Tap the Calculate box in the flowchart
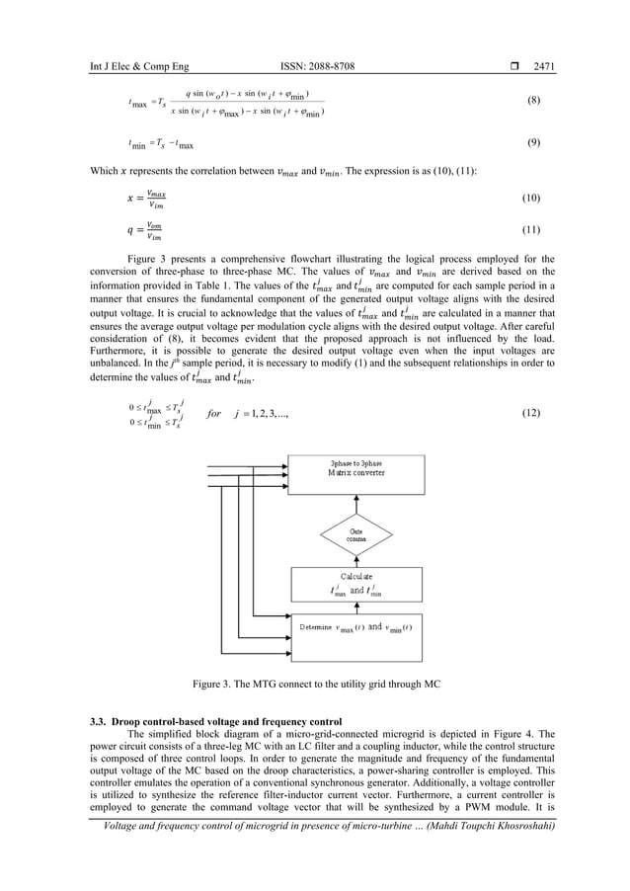coord(357,587)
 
